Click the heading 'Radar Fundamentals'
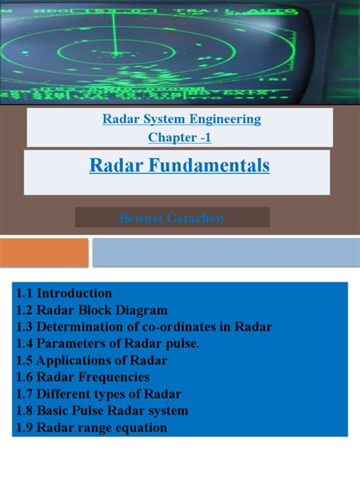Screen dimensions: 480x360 (x=179, y=166)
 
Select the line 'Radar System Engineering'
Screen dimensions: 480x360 (x=182, y=118)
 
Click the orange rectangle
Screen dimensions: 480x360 (x=44, y=252)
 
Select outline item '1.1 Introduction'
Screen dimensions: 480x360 (x=64, y=293)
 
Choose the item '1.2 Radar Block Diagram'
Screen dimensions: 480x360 (x=92, y=310)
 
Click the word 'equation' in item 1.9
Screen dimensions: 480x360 (x=142, y=427)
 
